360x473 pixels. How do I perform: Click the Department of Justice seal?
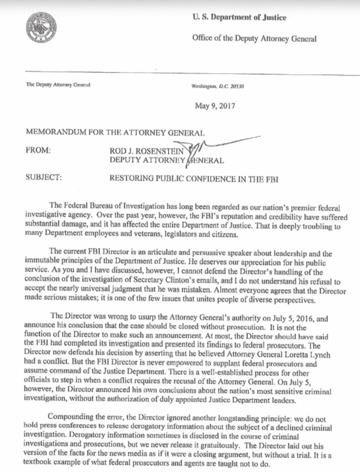click(x=41, y=28)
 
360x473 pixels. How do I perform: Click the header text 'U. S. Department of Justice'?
click(x=239, y=17)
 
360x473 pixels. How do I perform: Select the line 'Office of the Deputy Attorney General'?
click(x=254, y=38)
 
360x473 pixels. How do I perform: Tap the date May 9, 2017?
click(x=215, y=106)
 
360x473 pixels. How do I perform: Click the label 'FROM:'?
click(x=38, y=150)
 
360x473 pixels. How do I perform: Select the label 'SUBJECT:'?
click(x=44, y=177)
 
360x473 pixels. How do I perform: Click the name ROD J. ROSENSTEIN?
click(x=147, y=151)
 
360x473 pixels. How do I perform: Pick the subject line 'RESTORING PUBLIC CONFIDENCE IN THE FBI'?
click(x=193, y=179)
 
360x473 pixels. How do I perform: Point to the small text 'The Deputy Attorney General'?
click(x=58, y=85)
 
